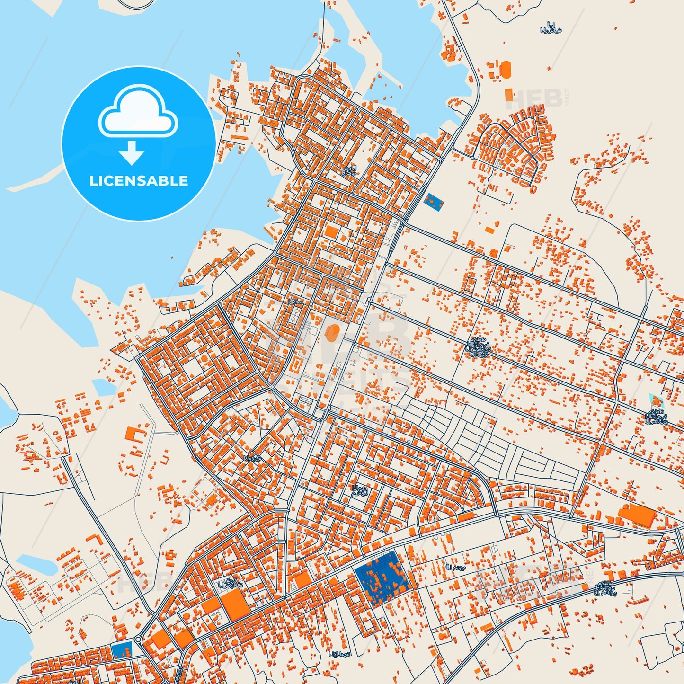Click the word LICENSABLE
pos(139,181)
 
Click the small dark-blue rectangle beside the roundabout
pos(122,650)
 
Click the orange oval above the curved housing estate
pos(506,70)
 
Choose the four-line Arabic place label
pos(478,347)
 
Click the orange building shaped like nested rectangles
pos(297,364)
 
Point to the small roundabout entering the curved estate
pos(472,157)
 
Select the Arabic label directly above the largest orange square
pos(230,583)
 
